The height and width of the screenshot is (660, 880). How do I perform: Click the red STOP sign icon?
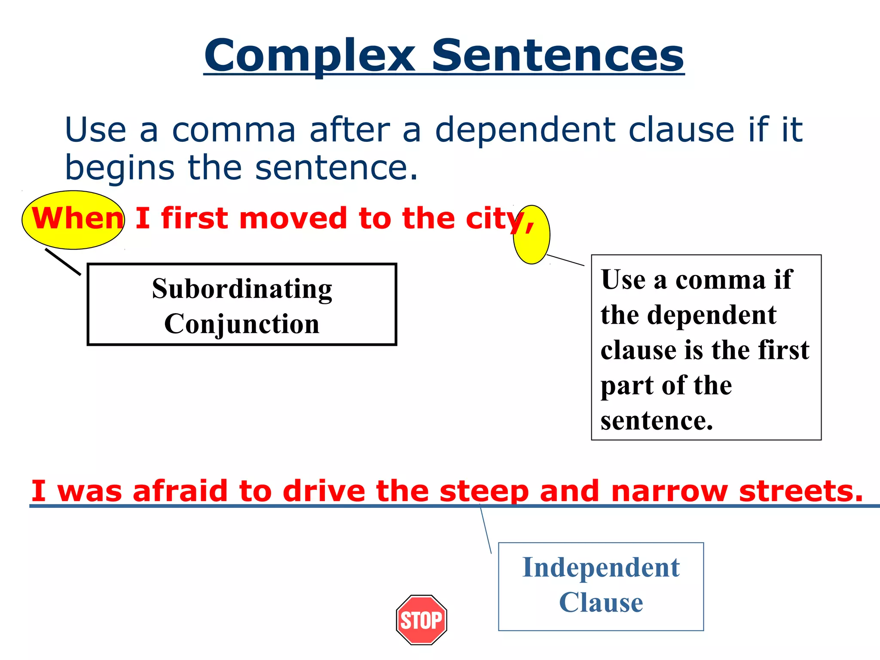click(422, 620)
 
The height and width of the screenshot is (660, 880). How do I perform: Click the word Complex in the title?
click(309, 56)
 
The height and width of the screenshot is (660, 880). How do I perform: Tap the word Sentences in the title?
click(557, 56)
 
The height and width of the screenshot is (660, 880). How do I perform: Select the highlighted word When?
click(77, 218)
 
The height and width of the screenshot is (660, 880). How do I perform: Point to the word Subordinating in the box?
click(242, 289)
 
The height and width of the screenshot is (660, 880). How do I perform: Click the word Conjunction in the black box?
click(242, 324)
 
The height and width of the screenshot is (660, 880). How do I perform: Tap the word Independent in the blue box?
click(601, 567)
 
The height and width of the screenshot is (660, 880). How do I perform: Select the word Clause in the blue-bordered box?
click(601, 602)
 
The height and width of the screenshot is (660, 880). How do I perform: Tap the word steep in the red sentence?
click(484, 491)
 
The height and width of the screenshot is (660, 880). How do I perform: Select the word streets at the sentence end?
click(801, 491)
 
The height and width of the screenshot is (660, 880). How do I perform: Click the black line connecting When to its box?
click(63, 262)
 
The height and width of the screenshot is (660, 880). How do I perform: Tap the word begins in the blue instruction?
click(119, 168)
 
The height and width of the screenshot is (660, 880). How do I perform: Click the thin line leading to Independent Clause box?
click(486, 529)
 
